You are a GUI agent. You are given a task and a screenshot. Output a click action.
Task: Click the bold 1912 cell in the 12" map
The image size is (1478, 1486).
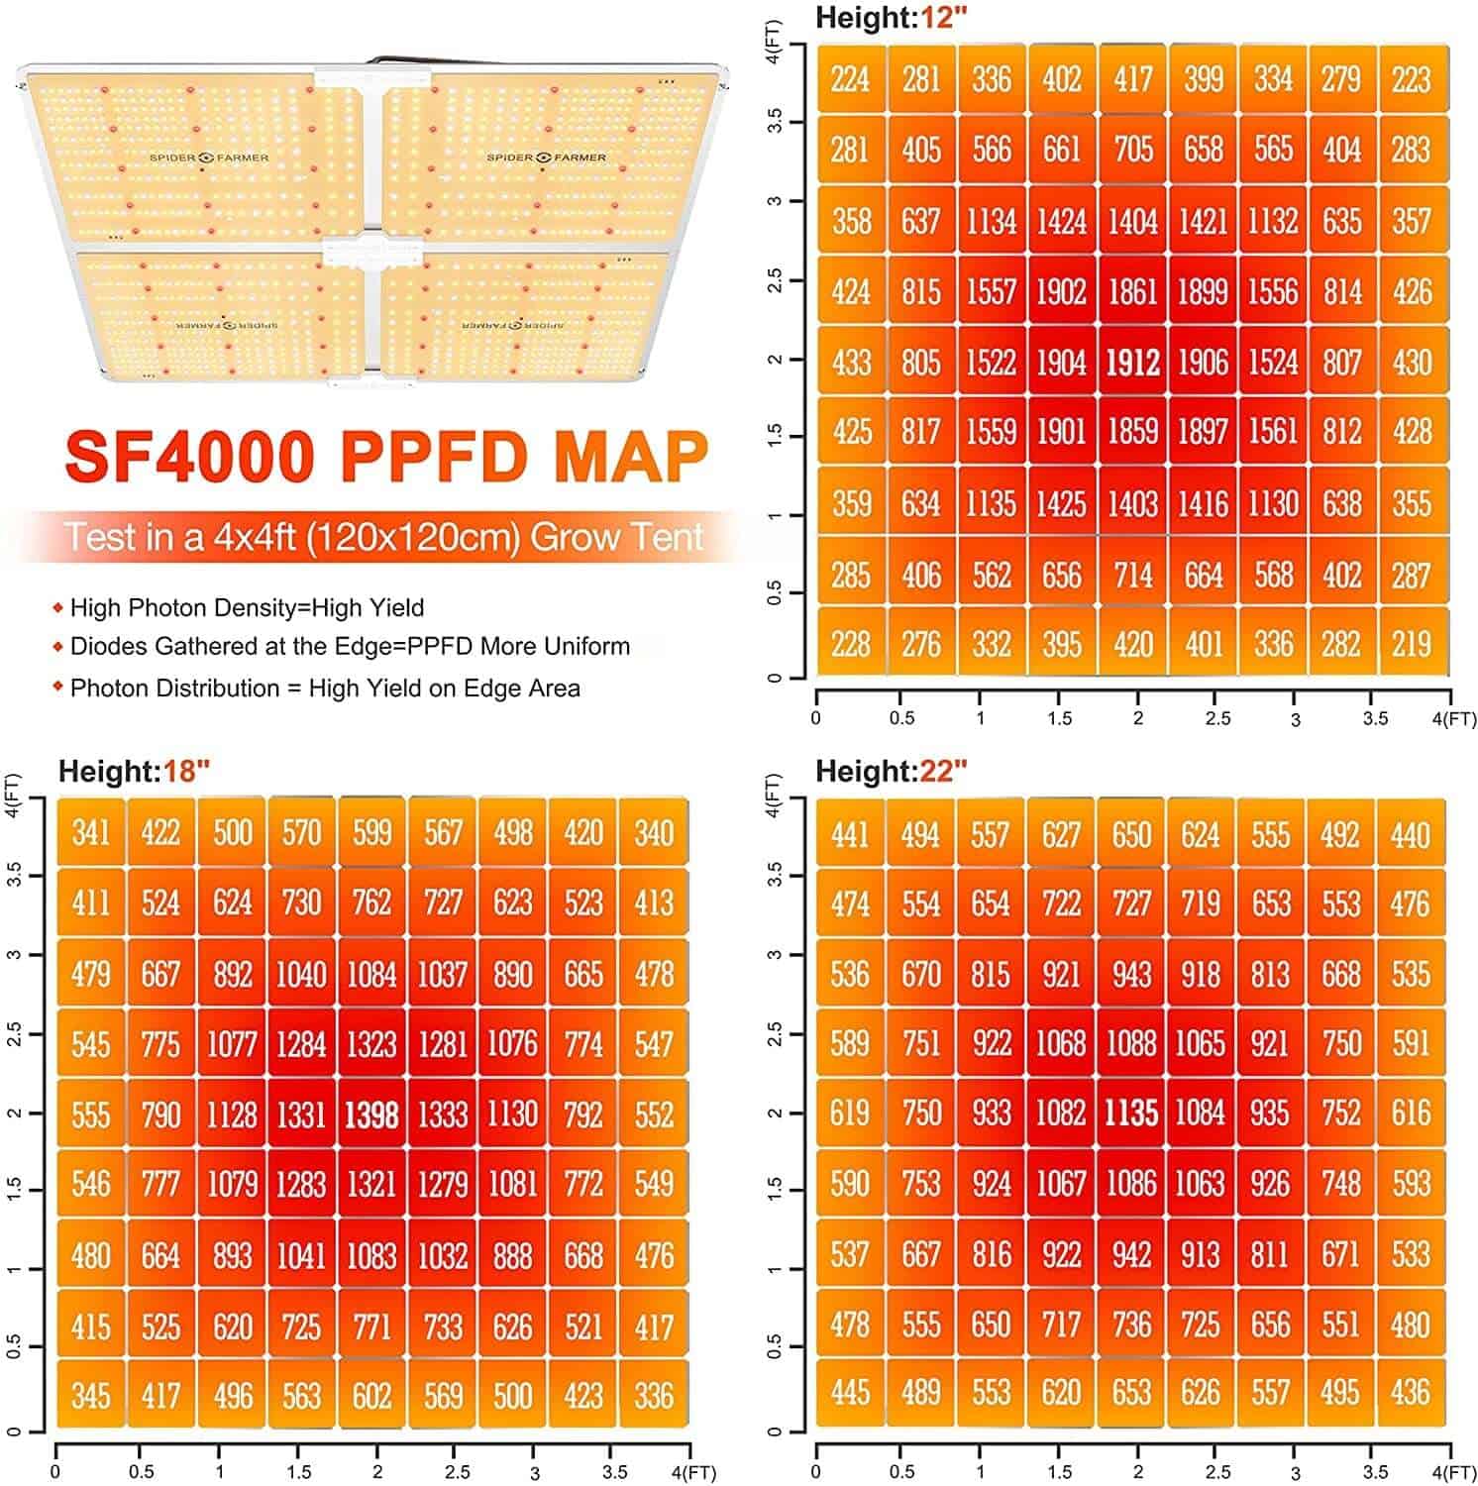1132,362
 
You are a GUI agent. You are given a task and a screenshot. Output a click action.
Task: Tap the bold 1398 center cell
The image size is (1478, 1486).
371,1114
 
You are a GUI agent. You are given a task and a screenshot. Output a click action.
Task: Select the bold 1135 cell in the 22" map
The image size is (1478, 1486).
1131,1113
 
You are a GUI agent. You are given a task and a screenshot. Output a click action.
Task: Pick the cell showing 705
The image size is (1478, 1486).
1132,150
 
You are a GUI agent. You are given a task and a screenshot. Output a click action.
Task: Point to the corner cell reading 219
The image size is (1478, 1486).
1413,644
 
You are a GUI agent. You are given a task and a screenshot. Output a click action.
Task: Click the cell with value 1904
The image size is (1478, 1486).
1062,362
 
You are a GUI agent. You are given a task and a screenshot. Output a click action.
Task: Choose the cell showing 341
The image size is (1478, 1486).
90,832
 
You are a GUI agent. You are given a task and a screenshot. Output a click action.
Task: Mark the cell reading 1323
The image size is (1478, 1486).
371,1044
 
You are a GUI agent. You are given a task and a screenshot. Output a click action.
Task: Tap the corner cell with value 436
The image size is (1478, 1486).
1411,1393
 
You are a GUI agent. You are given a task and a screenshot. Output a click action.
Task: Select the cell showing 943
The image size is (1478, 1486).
1131,974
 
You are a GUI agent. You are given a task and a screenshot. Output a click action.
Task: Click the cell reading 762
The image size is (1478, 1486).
371,902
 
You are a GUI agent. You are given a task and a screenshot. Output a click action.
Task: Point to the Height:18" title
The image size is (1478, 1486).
134,771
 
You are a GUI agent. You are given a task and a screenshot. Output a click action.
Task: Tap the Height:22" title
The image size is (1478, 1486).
891,771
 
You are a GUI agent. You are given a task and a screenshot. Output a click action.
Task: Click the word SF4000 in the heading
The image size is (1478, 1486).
190,455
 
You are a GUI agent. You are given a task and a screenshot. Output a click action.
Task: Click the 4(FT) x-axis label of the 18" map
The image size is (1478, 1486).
693,1473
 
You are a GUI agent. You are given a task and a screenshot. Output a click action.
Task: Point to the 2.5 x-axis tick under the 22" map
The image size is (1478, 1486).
1217,1472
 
